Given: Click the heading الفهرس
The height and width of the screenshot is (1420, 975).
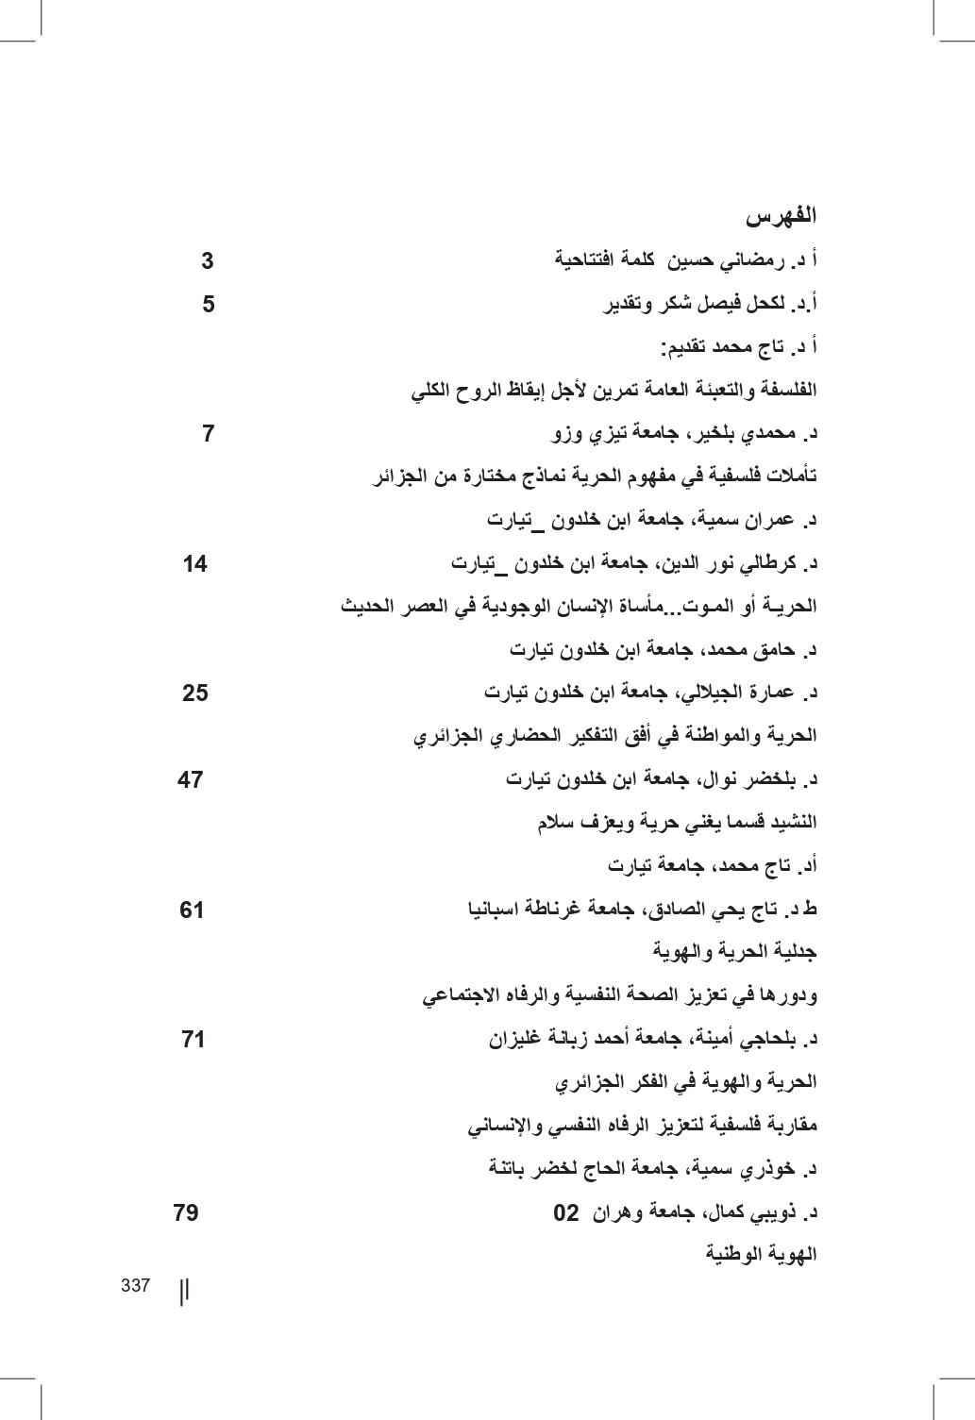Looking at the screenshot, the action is pos(782,216).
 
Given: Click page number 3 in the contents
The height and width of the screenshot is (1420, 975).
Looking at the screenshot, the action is pos(208,260).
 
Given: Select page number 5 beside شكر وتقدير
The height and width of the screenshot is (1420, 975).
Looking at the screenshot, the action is pos(209,304).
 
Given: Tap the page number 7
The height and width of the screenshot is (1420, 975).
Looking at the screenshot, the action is pos(209,434).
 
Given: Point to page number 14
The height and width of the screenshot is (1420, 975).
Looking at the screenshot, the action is pos(195,564).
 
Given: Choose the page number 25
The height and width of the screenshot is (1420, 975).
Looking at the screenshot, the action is pos(195,693).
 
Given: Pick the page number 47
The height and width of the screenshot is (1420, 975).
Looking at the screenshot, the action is pos(191,780).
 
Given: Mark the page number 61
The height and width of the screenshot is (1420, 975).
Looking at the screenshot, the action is pos(192,910).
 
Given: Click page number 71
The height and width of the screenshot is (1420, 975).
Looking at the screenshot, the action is pos(193,1040).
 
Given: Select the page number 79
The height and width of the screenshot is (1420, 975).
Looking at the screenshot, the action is pos(186,1212).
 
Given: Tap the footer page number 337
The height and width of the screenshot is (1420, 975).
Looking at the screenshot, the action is pos(136,1286).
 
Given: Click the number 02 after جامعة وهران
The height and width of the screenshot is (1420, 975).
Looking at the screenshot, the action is pos(565,1212).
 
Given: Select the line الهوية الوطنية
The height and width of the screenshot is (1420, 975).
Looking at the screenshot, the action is pos(762,1255).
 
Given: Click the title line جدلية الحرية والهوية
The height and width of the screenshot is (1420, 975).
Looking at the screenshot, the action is pos(735,952).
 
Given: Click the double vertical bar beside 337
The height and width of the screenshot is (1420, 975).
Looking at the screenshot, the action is pos(184,1290).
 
